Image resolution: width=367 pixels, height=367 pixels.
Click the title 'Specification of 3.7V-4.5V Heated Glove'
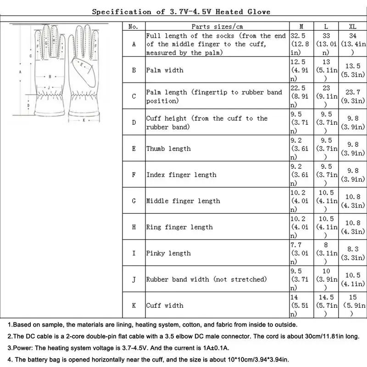[181, 11]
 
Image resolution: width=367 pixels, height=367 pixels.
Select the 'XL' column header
[352, 27]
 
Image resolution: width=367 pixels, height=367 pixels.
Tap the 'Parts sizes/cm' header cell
[217, 27]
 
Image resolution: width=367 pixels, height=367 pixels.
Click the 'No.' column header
[133, 27]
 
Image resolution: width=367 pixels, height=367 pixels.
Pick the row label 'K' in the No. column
[133, 305]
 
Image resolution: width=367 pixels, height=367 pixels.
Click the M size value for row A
[301, 44]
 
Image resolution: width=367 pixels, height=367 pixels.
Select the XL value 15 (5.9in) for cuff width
[352, 305]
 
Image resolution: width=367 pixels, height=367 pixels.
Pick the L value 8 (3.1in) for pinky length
[327, 253]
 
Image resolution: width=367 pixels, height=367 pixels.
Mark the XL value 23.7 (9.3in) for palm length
[352, 96]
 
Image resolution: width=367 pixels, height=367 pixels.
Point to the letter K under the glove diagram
[83, 121]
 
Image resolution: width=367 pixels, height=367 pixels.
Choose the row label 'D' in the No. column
[133, 122]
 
